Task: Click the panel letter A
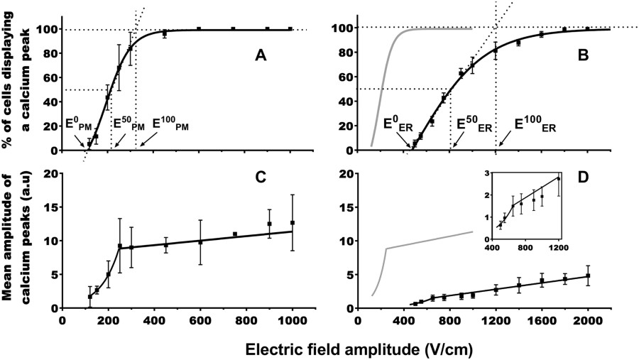coord(260,56)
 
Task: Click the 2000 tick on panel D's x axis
coord(587,320)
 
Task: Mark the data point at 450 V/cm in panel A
coord(165,33)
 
